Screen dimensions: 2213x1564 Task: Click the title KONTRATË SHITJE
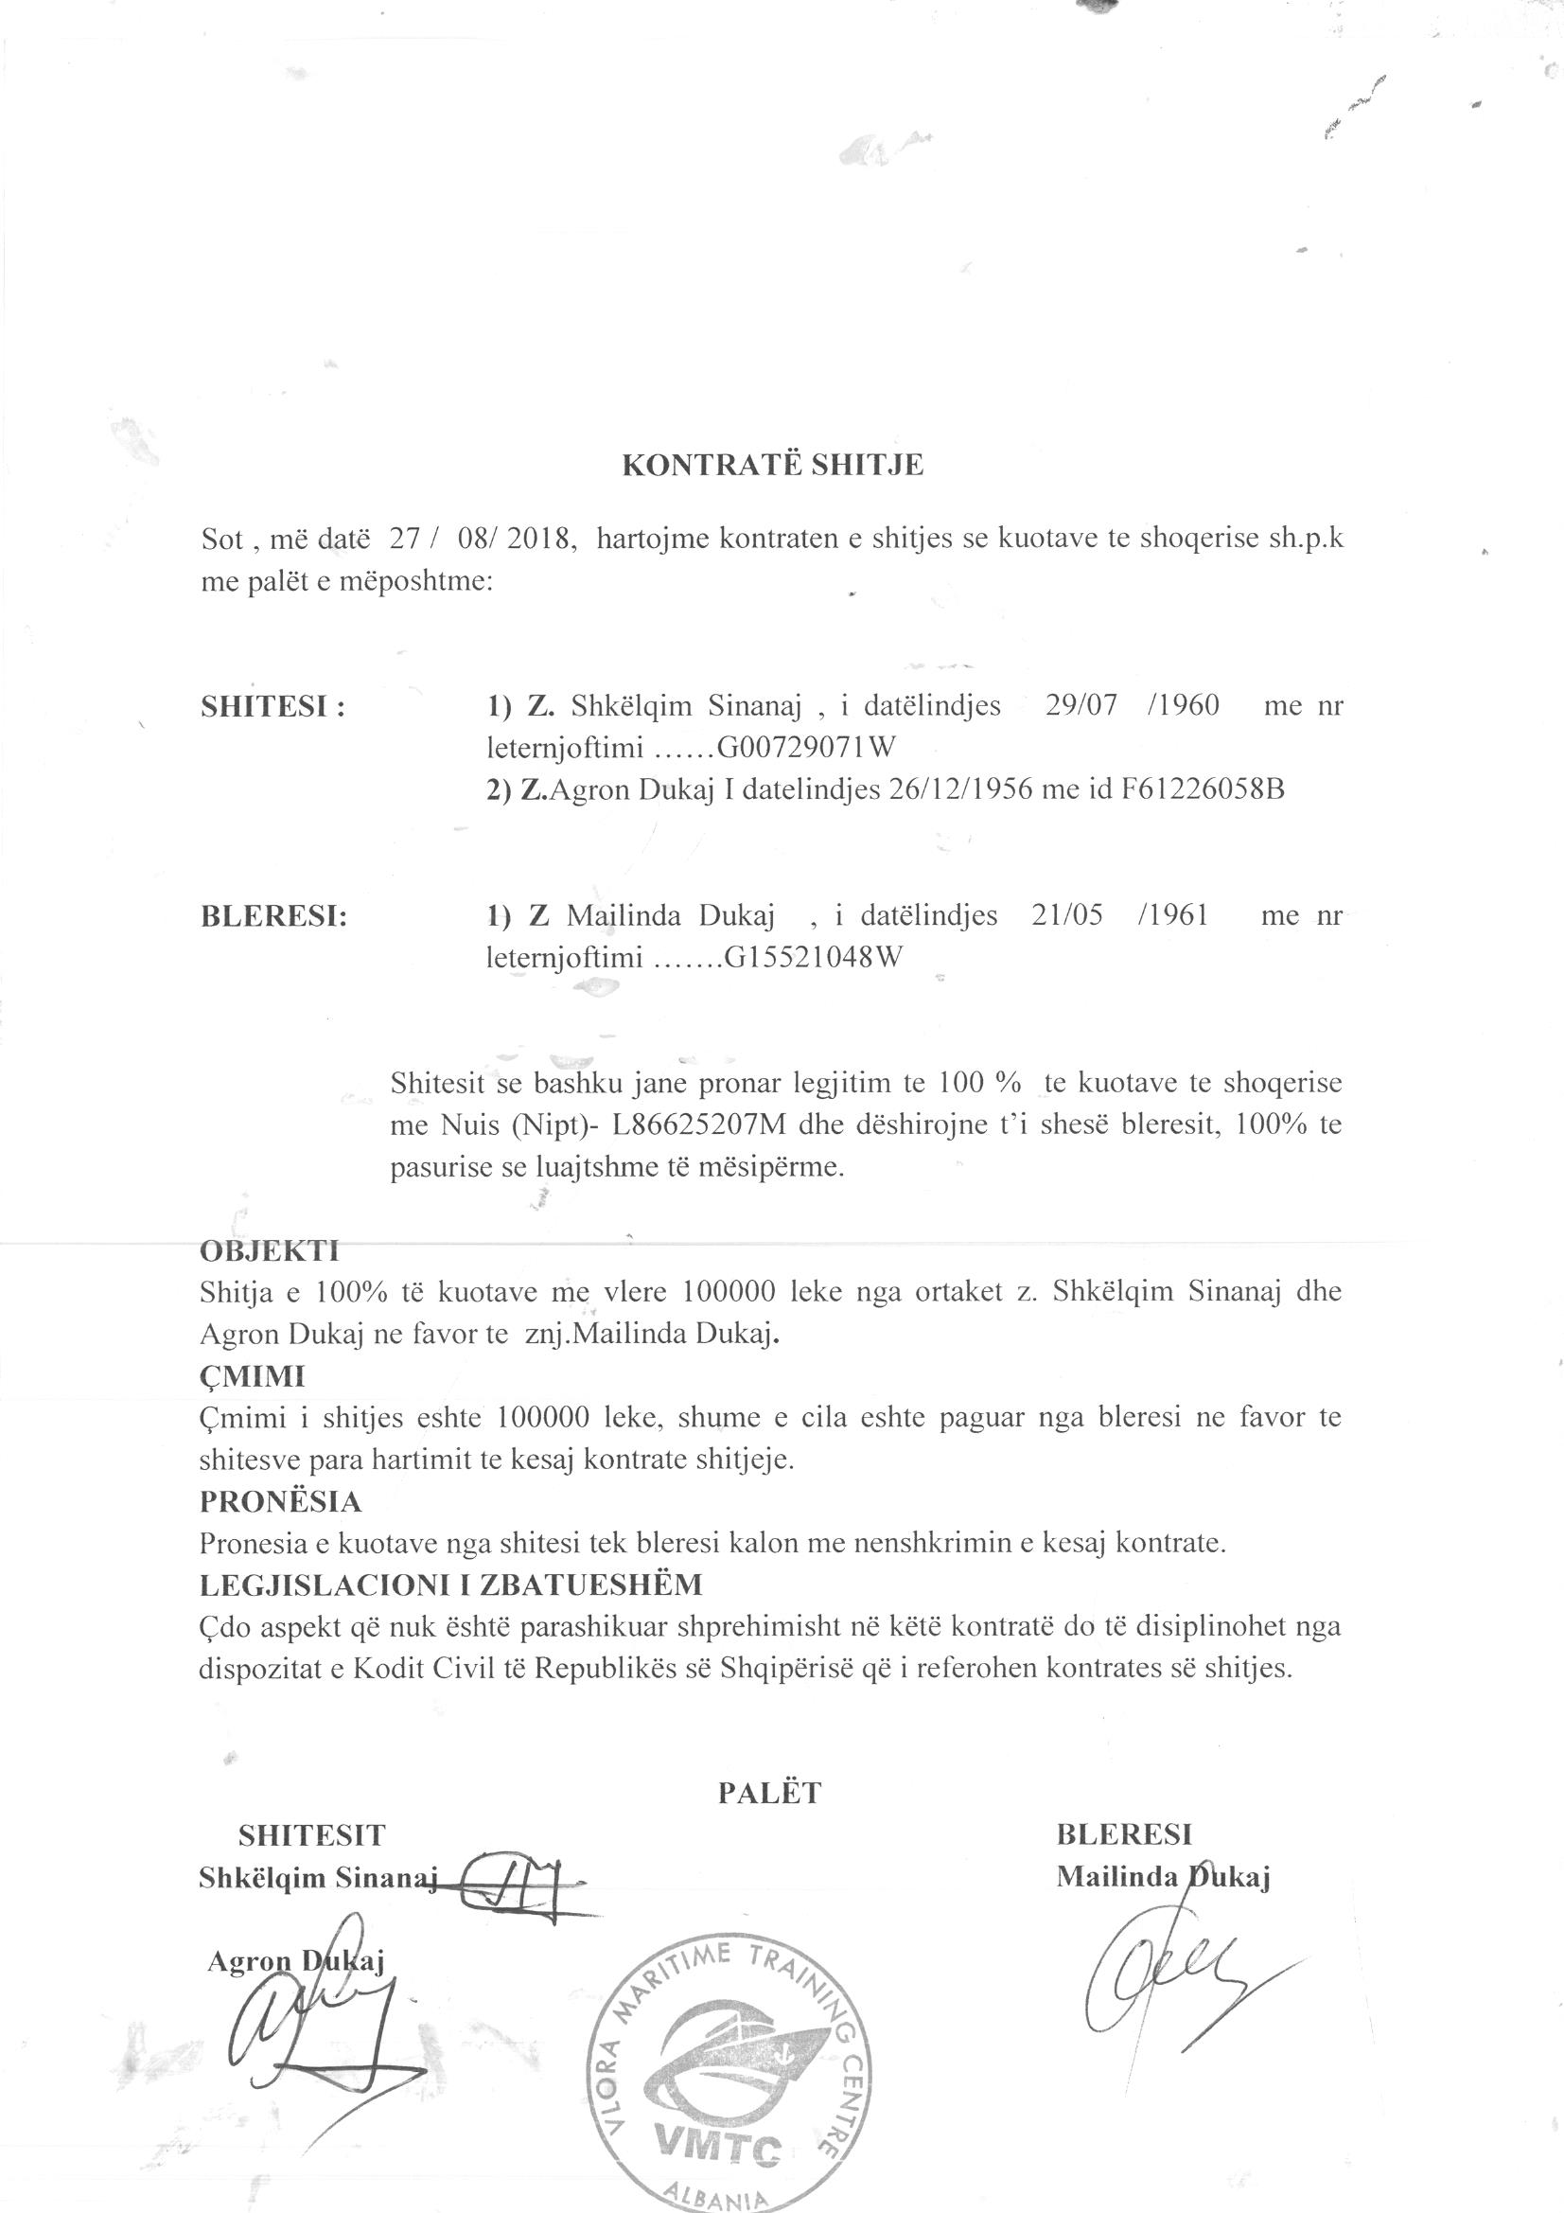point(772,466)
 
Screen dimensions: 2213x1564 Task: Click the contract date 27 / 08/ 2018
point(483,539)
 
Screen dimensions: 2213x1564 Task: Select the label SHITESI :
point(272,706)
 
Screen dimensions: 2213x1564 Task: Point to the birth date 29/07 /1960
point(1132,705)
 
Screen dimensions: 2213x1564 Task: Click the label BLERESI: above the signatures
point(273,915)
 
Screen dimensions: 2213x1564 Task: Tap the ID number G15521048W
point(814,958)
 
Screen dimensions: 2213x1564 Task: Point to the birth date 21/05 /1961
point(1118,914)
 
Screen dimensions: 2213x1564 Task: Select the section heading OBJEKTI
point(269,1251)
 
